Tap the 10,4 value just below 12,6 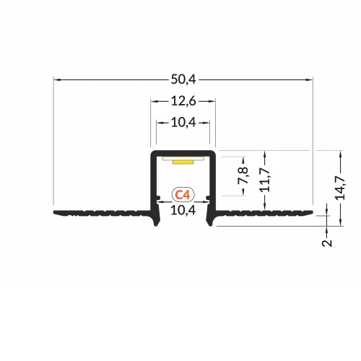[x=183, y=123]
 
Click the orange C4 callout [x=183, y=194]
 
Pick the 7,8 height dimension [x=243, y=175]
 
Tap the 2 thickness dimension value [x=327, y=242]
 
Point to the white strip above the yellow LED [x=183, y=157]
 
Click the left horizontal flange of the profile [x=101, y=213]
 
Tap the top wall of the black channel [x=183, y=152]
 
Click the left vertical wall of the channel [x=152, y=180]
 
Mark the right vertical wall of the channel [x=215, y=180]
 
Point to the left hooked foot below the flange [x=156, y=219]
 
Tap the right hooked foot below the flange [x=210, y=219]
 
